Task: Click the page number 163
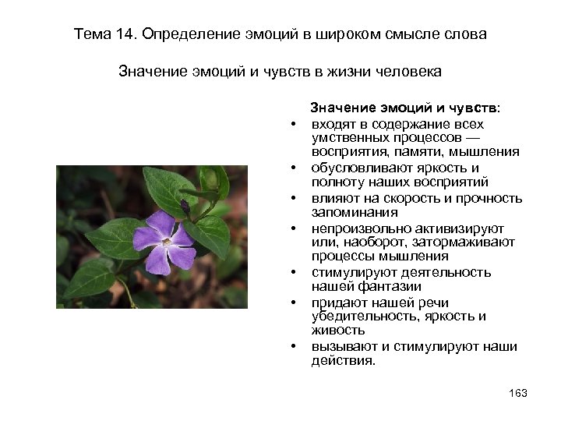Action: coord(517,393)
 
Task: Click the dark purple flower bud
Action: coord(185,207)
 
